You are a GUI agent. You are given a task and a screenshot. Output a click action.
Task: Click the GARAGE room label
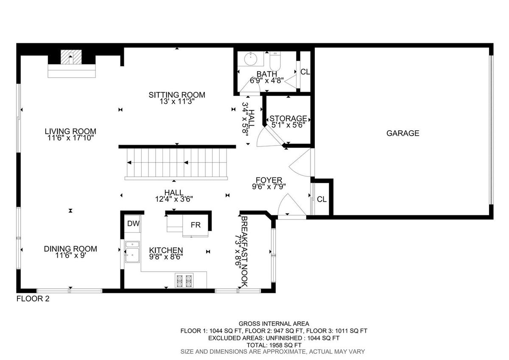[x=403, y=133]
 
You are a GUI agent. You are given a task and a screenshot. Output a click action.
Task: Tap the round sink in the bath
[x=251, y=59]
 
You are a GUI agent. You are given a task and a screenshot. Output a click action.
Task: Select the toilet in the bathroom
[x=275, y=61]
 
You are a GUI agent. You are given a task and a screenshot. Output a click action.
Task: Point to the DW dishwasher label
[x=133, y=224]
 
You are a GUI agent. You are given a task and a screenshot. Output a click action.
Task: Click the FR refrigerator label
[x=196, y=225]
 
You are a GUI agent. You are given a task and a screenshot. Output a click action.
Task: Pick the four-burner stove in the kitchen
[x=184, y=281]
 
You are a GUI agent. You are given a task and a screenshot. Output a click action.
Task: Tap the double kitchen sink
[x=132, y=252]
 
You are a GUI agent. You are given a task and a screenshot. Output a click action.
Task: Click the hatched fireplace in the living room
[x=71, y=57]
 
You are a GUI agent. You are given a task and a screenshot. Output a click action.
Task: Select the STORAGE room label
[x=288, y=118]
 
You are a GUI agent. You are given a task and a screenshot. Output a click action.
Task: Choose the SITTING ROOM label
[x=177, y=95]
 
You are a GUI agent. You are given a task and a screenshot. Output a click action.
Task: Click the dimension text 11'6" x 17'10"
[x=70, y=138]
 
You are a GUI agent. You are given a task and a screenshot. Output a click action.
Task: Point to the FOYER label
[x=269, y=180]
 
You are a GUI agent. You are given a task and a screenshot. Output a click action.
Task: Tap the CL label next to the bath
[x=305, y=72]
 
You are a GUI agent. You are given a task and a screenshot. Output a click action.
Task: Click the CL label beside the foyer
[x=322, y=200]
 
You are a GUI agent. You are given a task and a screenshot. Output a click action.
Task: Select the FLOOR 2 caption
[x=33, y=298]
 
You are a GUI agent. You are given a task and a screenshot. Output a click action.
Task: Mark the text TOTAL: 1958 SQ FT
[x=274, y=345]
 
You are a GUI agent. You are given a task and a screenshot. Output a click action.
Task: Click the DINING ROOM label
[x=70, y=249]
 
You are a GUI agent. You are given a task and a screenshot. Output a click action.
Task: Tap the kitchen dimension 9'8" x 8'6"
[x=166, y=257]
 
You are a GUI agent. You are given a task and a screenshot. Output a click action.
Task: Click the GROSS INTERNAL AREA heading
[x=274, y=323]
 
